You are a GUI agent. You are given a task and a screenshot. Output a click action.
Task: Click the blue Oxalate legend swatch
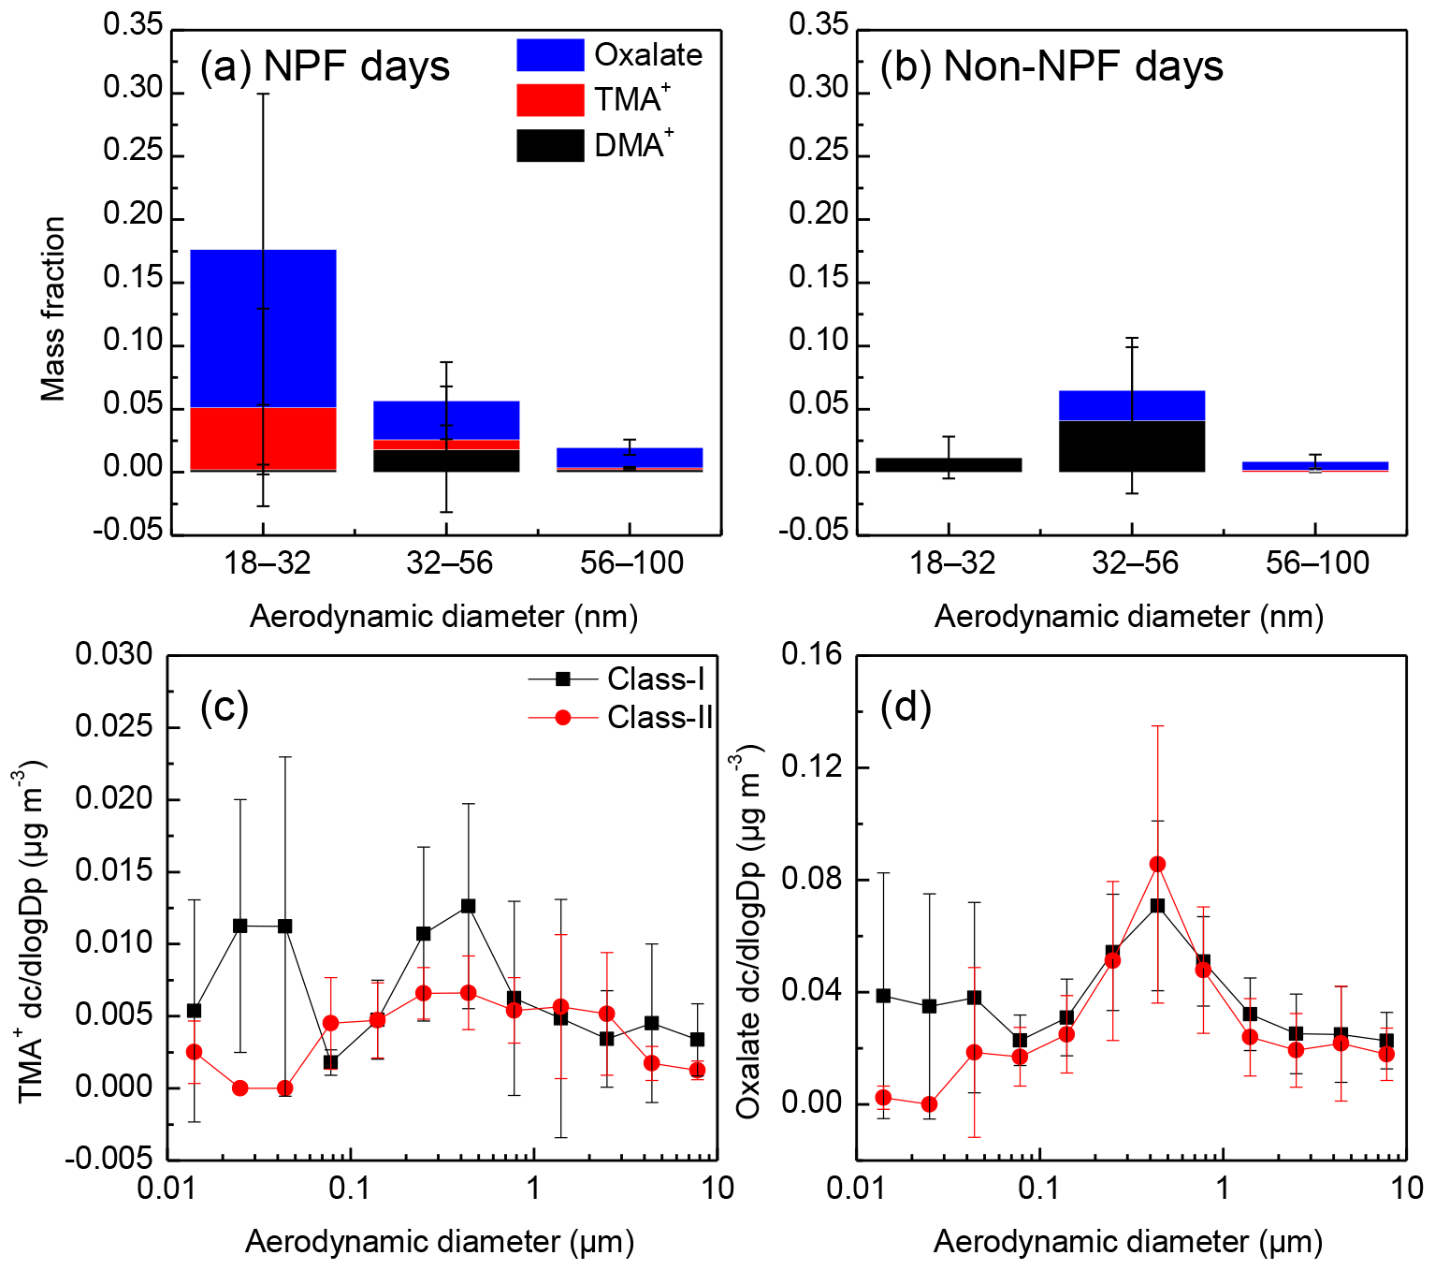tap(550, 55)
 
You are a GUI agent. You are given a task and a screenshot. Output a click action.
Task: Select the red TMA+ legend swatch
tap(550, 100)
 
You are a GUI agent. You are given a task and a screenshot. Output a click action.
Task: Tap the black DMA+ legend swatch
tap(550, 146)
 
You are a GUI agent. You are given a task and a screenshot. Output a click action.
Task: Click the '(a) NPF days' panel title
tap(325, 67)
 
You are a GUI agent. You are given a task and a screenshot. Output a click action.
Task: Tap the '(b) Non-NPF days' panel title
tap(1051, 67)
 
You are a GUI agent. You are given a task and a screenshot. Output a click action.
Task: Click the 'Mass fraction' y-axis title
tap(53, 309)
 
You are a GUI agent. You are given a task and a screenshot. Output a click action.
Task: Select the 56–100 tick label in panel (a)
tap(631, 563)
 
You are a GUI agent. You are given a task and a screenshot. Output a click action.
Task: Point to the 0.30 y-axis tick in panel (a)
tap(133, 90)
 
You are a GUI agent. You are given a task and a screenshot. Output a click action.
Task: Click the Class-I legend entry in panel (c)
tap(617, 679)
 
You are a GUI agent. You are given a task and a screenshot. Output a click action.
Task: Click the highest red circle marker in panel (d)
tap(1158, 864)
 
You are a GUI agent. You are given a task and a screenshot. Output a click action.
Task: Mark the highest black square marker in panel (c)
tap(468, 906)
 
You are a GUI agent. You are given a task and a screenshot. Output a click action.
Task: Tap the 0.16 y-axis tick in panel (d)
tap(812, 655)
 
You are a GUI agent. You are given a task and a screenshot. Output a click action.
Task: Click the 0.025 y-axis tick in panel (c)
tap(114, 727)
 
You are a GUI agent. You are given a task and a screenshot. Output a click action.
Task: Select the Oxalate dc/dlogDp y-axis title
tap(750, 931)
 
